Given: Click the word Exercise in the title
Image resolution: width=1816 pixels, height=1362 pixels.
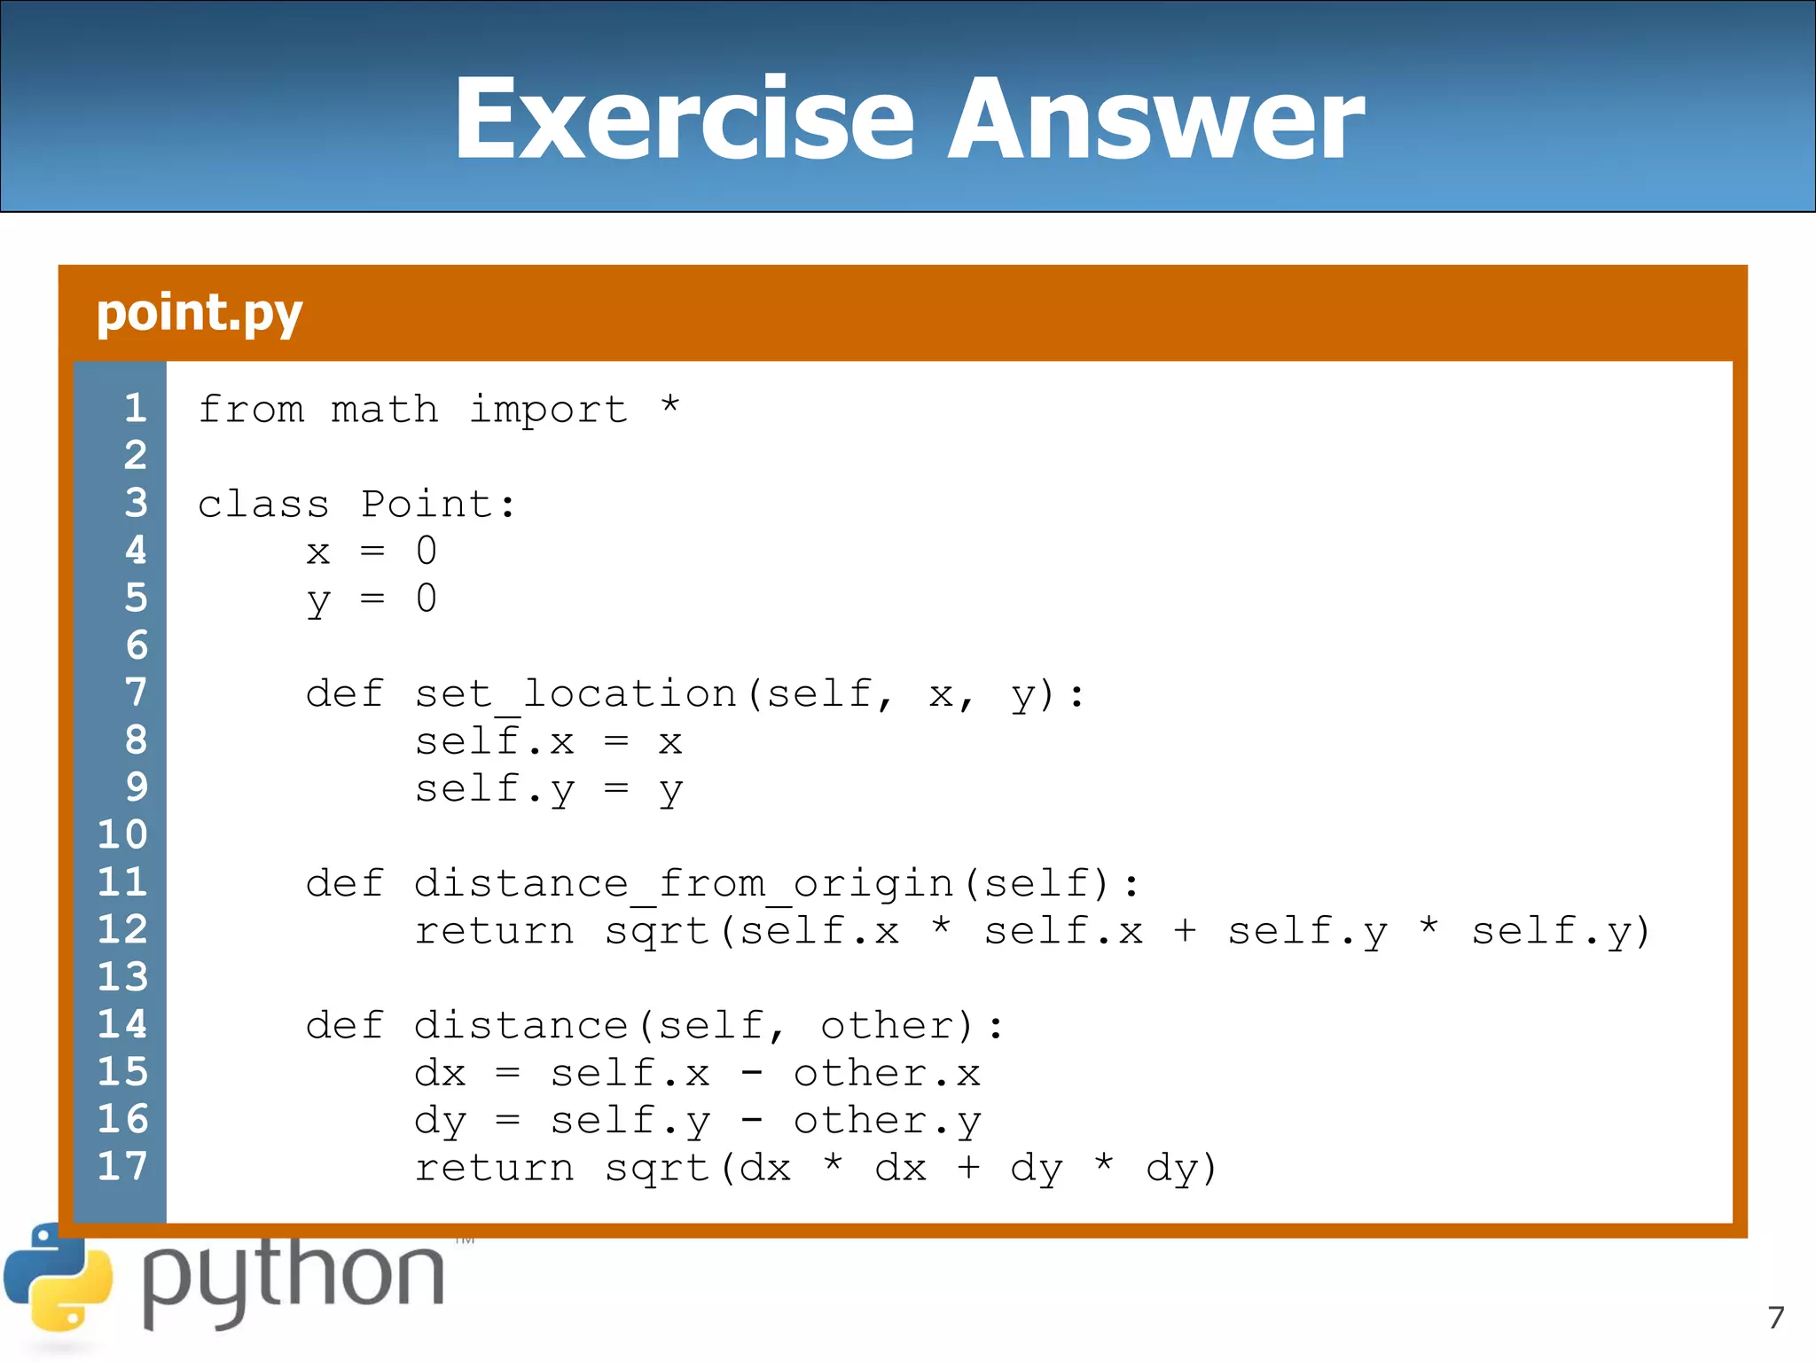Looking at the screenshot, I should point(683,119).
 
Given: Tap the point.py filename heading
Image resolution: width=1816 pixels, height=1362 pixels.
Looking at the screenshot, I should point(200,313).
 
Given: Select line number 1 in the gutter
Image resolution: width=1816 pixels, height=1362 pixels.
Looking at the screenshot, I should point(136,408).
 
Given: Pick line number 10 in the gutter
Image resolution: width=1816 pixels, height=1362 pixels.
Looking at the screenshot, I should point(122,834).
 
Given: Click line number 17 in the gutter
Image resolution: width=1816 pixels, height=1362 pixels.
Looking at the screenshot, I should point(122,1166).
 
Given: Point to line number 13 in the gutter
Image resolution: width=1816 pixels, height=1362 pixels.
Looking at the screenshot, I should point(122,976).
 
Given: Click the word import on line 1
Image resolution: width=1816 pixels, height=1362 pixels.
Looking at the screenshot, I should point(548,410).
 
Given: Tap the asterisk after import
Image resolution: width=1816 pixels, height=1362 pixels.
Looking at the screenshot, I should point(670,406).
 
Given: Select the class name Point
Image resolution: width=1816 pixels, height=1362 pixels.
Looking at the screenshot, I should point(427,505).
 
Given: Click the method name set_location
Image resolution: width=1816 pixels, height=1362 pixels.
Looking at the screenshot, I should point(575,694).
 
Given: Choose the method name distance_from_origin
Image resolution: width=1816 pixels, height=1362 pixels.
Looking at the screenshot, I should point(684,884).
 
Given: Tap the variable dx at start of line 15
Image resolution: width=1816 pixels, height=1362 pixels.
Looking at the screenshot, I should point(440,1074).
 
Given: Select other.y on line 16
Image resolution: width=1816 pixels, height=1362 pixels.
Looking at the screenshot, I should point(887,1122).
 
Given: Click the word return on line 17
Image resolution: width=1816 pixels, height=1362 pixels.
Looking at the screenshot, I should point(495,1169).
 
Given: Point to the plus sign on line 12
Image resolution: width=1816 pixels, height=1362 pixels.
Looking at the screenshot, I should point(1185,931).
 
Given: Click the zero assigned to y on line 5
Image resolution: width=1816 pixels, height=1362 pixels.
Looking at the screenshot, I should point(427,599).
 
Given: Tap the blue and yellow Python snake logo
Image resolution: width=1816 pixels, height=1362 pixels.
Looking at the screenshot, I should point(59,1278).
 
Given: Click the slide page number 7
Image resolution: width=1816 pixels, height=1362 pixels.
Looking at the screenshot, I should point(1775,1318).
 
